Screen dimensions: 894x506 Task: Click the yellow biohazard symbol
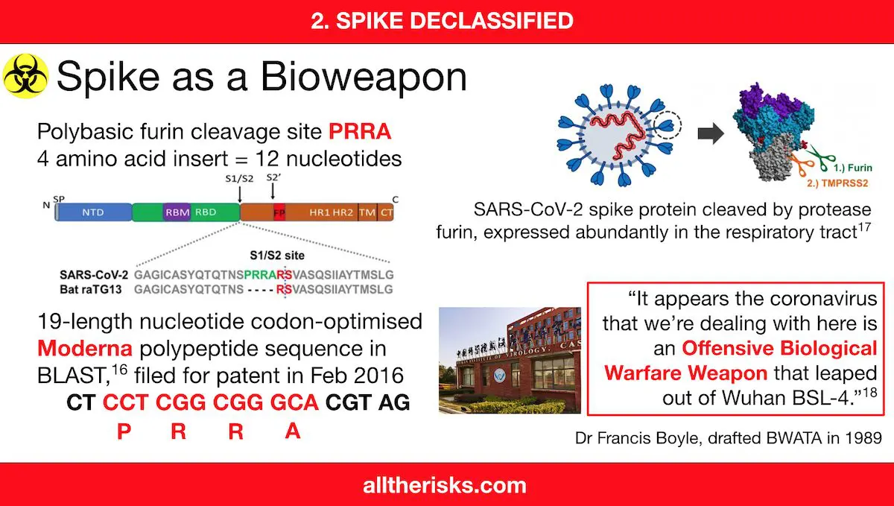pyautogui.click(x=25, y=76)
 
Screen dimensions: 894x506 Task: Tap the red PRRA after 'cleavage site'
pyautogui.click(x=360, y=131)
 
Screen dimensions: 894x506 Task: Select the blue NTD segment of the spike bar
pyautogui.click(x=93, y=212)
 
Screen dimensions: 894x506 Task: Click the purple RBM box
pyautogui.click(x=177, y=212)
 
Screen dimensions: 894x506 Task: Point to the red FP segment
pyautogui.click(x=279, y=212)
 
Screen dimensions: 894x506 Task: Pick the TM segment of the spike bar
pyautogui.click(x=367, y=212)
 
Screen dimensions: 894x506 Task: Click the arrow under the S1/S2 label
pyautogui.click(x=239, y=195)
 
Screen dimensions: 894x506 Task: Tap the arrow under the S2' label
pyautogui.click(x=273, y=191)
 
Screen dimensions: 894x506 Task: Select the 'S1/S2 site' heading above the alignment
pyautogui.click(x=277, y=255)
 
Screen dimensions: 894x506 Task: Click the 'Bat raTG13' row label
pyautogui.click(x=91, y=289)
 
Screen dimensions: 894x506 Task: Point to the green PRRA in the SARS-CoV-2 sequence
pyautogui.click(x=260, y=275)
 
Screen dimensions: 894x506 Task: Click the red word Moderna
pyautogui.click(x=85, y=348)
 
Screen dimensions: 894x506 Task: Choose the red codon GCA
pyautogui.click(x=294, y=402)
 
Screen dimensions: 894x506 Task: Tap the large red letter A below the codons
pyautogui.click(x=293, y=431)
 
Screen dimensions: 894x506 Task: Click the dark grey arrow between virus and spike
pyautogui.click(x=711, y=133)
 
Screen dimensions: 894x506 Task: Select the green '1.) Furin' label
pyautogui.click(x=853, y=168)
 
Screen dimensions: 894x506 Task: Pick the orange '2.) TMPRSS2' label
pyautogui.click(x=837, y=183)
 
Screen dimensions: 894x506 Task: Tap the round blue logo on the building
pyautogui.click(x=499, y=376)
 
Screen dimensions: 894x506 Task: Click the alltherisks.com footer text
pyautogui.click(x=445, y=486)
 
